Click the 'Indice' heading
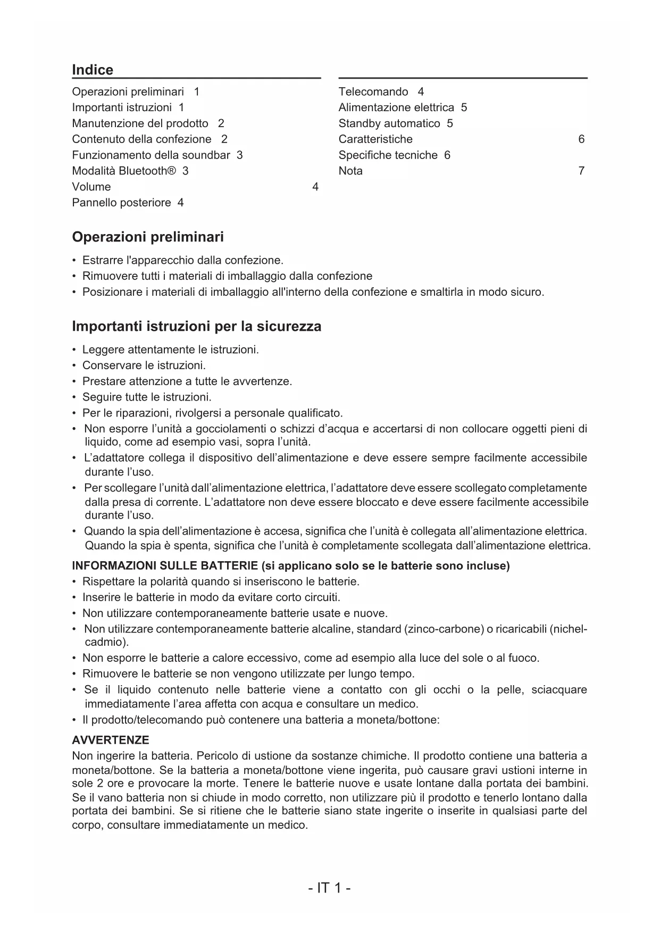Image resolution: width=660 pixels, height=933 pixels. pyautogui.click(x=93, y=70)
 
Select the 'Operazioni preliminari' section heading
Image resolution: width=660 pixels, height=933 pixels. pyautogui.click(x=148, y=237)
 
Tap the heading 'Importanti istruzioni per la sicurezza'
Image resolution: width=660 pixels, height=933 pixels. pyautogui.click(x=196, y=326)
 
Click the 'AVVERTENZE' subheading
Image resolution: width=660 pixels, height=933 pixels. pyautogui.click(x=111, y=740)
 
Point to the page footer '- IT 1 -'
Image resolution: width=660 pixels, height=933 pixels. pyautogui.click(x=329, y=888)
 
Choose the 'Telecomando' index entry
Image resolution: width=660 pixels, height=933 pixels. pyautogui.click(x=373, y=91)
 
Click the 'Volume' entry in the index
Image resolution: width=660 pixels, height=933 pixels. pyautogui.click(x=91, y=187)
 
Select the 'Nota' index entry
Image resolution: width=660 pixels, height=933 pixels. pyautogui.click(x=350, y=171)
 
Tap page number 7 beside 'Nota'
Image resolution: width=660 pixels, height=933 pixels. pyautogui.click(x=581, y=171)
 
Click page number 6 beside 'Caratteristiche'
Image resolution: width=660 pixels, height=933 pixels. pyautogui.click(x=581, y=139)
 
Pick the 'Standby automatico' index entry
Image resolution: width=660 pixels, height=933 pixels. pyautogui.click(x=389, y=123)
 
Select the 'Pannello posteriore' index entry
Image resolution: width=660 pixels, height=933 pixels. pyautogui.click(x=122, y=203)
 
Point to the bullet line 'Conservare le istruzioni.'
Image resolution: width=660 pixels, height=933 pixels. pyautogui.click(x=144, y=365)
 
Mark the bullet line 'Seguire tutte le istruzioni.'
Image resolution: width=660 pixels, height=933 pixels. pyautogui.click(x=147, y=397)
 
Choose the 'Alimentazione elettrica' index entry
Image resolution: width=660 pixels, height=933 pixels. pyautogui.click(x=396, y=107)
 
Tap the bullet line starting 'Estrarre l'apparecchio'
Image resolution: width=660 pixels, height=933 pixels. pyautogui.click(x=182, y=260)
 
